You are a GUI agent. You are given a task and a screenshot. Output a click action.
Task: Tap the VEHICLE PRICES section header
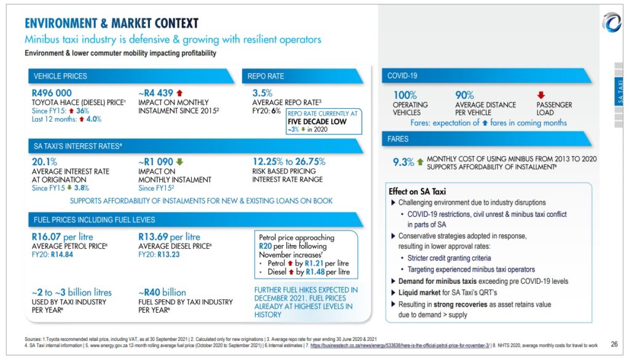[x=60, y=76]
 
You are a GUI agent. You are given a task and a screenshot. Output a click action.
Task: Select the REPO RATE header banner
[x=265, y=76]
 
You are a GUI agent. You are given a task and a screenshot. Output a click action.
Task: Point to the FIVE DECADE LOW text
[x=317, y=121]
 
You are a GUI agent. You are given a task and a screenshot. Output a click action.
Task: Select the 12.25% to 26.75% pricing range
[x=289, y=162]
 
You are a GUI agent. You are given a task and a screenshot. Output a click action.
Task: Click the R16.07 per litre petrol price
[x=62, y=237]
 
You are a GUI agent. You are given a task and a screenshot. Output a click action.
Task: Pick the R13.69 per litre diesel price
[x=170, y=237]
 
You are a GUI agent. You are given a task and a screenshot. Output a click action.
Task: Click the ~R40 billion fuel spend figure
[x=162, y=292]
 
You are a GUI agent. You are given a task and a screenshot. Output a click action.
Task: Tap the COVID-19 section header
[x=402, y=76]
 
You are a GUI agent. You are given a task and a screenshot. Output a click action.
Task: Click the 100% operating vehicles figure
[x=405, y=95]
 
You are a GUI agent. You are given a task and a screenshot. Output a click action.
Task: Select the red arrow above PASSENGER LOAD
[x=541, y=95]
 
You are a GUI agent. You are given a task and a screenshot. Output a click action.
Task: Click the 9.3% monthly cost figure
[x=404, y=162]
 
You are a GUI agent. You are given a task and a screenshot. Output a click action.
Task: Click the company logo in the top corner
[x=612, y=23]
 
